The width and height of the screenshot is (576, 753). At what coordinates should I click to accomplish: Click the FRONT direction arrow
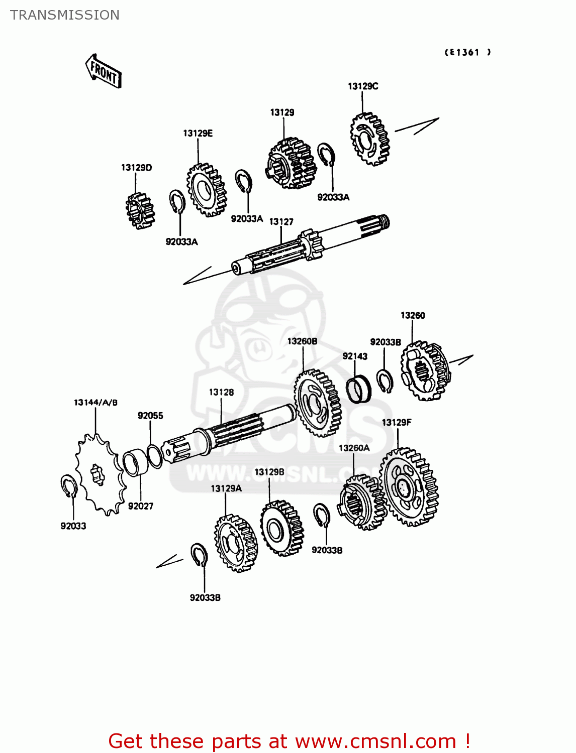pyautogui.click(x=103, y=72)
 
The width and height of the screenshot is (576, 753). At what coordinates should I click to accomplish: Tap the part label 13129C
pyautogui.click(x=362, y=86)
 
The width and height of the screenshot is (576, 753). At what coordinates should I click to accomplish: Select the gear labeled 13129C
pyautogui.click(x=370, y=139)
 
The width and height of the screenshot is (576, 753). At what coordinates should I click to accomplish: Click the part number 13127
pyautogui.click(x=281, y=222)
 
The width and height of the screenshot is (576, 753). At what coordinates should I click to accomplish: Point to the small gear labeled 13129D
pyautogui.click(x=140, y=211)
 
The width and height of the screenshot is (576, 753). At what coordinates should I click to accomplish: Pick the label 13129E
pyautogui.click(x=198, y=133)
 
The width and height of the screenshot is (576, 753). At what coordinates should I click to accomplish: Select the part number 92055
pyautogui.click(x=150, y=416)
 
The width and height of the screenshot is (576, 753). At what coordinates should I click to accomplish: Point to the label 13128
pyautogui.click(x=221, y=392)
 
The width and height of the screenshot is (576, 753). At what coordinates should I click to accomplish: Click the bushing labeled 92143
pyautogui.click(x=358, y=389)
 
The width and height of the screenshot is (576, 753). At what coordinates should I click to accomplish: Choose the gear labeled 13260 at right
pyautogui.click(x=425, y=371)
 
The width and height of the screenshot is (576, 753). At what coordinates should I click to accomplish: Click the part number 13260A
pyautogui.click(x=354, y=448)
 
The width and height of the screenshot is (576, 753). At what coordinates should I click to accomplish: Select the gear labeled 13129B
pyautogui.click(x=281, y=528)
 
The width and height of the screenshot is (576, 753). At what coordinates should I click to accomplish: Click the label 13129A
pyautogui.click(x=226, y=488)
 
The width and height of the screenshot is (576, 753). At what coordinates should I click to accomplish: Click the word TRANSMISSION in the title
pyautogui.click(x=65, y=15)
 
